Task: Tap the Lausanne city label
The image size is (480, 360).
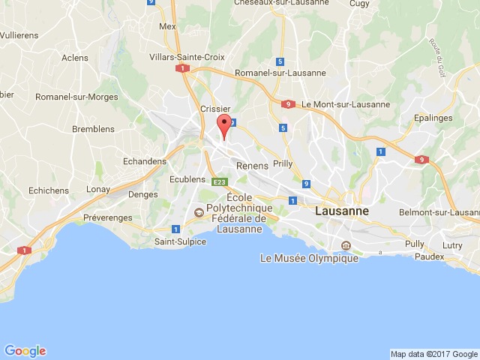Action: pos(342,211)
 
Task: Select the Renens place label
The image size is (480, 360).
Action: pos(252,166)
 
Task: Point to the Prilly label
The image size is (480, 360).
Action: pos(283,163)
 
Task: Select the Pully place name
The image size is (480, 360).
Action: pos(414,244)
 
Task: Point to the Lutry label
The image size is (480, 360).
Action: pos(452,244)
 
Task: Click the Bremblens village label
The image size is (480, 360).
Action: pos(93,129)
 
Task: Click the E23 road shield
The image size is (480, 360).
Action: pos(220,182)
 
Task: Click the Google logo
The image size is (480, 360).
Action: pos(25,351)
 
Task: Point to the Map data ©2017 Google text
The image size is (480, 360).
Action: pos(433,354)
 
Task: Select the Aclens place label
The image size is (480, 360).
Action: pos(75,58)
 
